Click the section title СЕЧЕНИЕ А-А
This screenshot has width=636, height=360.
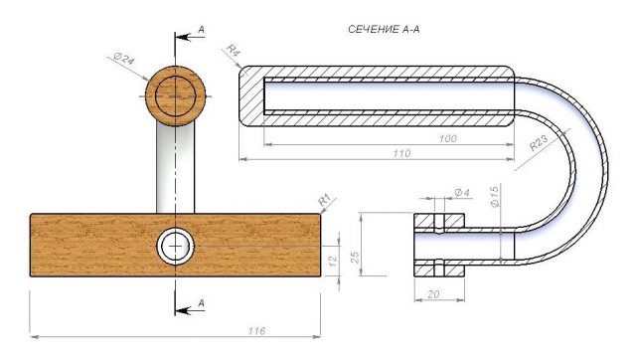click(x=384, y=29)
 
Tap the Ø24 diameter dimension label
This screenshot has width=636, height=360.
click(x=124, y=60)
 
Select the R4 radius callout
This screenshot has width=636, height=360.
click(x=234, y=51)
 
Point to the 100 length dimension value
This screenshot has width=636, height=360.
click(x=447, y=139)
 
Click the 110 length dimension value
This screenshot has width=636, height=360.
click(x=401, y=153)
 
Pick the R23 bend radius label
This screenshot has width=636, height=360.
click(x=539, y=143)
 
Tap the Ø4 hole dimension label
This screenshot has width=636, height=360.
click(x=462, y=192)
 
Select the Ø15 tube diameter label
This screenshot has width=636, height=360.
click(x=495, y=197)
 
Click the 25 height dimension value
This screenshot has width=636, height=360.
click(x=355, y=258)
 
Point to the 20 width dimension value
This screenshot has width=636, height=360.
click(x=433, y=293)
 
